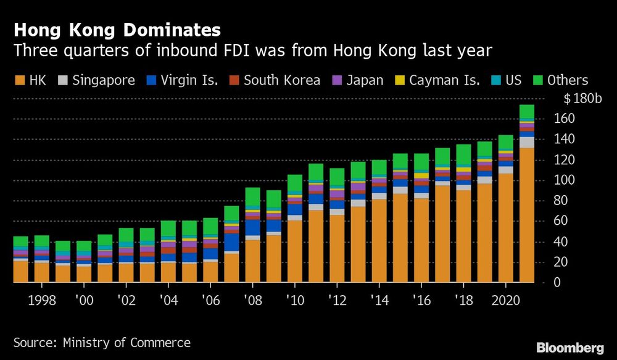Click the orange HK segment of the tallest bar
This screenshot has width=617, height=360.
526,216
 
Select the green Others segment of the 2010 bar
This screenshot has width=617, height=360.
294,184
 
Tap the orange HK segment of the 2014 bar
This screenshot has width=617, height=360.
379,241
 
